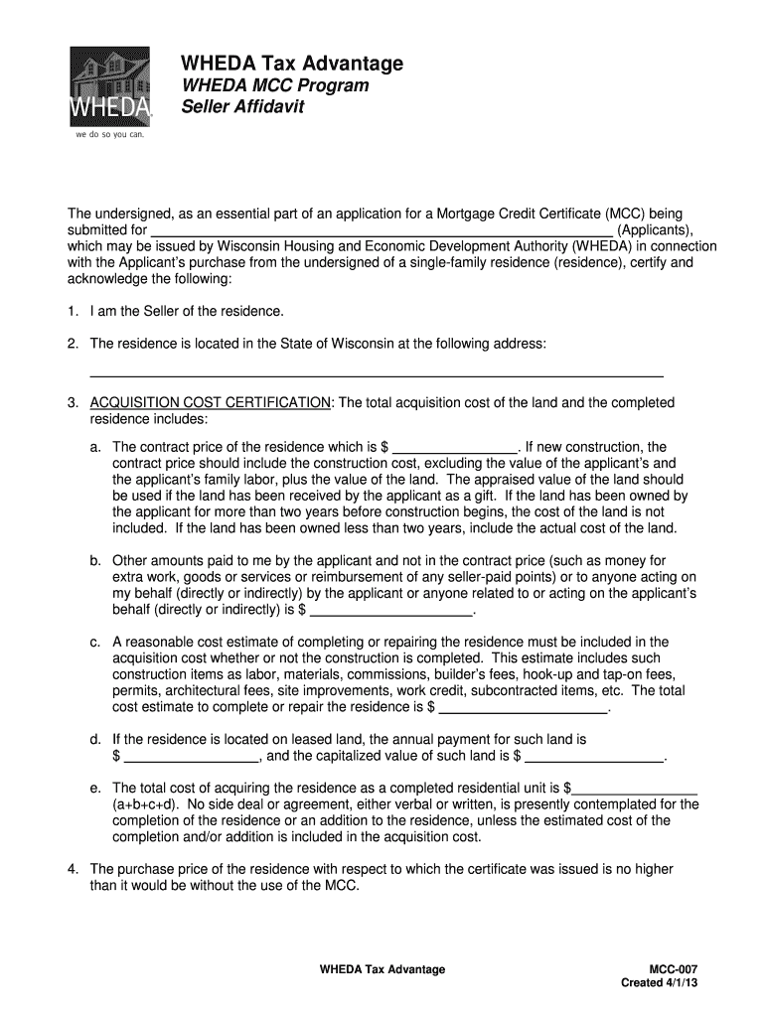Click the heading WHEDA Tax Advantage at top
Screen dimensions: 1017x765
tap(291, 64)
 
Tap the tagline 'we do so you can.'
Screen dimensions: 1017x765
tap(109, 135)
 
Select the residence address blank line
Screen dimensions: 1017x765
tap(377, 375)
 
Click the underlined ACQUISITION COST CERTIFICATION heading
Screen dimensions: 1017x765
tap(211, 402)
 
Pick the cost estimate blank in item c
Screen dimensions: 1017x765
tap(523, 709)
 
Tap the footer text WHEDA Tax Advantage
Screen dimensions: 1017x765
tap(382, 968)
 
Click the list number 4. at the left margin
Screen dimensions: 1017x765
tap(73, 869)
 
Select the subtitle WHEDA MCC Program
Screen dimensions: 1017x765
tap(274, 85)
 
